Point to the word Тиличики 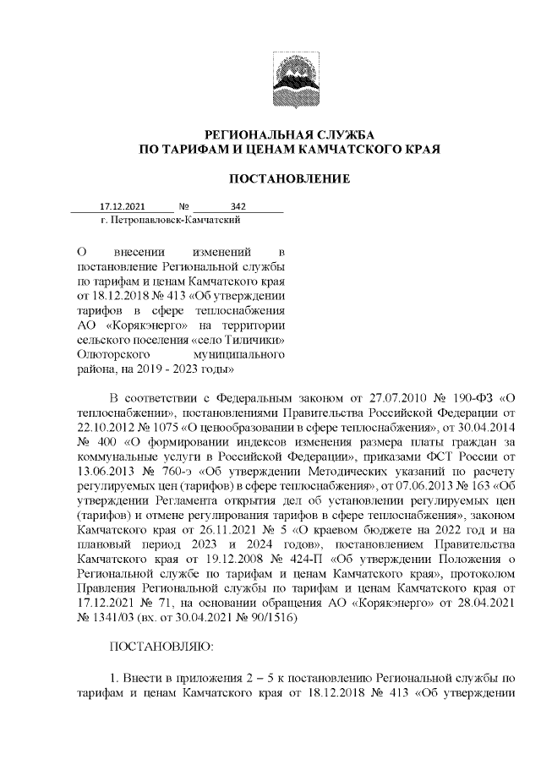coord(256,342)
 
